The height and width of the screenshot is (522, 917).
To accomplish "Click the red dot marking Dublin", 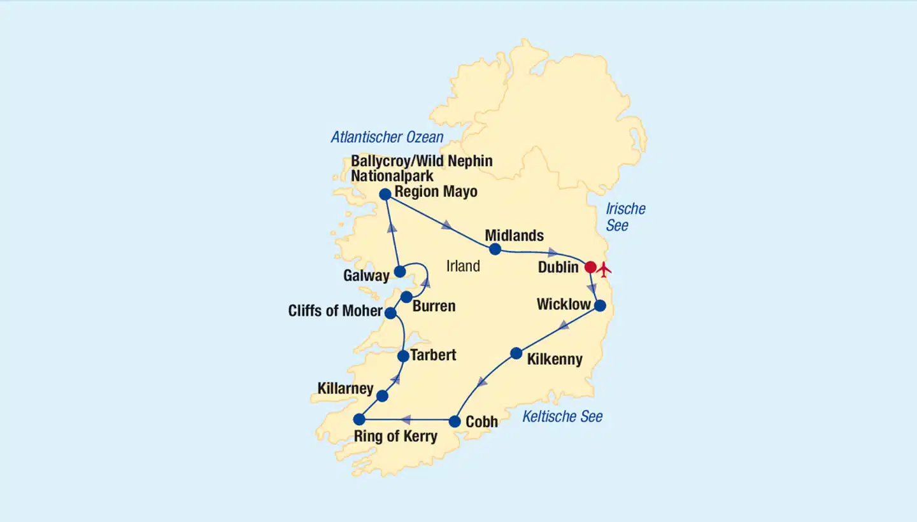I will [x=590, y=267].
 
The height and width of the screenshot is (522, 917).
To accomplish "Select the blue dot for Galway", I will [x=399, y=272].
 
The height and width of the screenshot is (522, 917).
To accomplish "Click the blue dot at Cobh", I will [x=455, y=421].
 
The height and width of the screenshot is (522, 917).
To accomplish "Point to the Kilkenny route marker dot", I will [x=516, y=353].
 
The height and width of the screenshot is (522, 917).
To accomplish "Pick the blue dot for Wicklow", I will [x=600, y=306].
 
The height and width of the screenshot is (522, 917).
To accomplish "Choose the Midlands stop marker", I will [x=495, y=249].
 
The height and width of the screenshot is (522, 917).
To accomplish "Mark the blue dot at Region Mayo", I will [x=385, y=194].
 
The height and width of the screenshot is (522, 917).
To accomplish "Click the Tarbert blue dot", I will [x=403, y=356].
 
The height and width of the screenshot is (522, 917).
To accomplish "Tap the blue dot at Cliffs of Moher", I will [x=390, y=313].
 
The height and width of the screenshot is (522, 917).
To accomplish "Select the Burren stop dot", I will [x=406, y=297].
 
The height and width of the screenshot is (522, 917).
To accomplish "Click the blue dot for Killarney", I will [x=382, y=396].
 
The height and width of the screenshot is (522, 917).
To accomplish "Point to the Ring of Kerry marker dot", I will [x=359, y=419].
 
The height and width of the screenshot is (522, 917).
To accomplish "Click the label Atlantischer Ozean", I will [x=387, y=137].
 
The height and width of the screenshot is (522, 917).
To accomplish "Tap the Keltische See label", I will [x=562, y=416].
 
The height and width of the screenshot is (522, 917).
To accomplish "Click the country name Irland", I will [x=463, y=266].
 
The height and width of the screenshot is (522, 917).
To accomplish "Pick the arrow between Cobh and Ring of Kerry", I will [x=406, y=420].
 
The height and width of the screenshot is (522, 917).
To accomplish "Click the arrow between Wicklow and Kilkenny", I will [x=564, y=326].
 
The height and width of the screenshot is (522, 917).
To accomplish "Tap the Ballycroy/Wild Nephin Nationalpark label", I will [x=422, y=168].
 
